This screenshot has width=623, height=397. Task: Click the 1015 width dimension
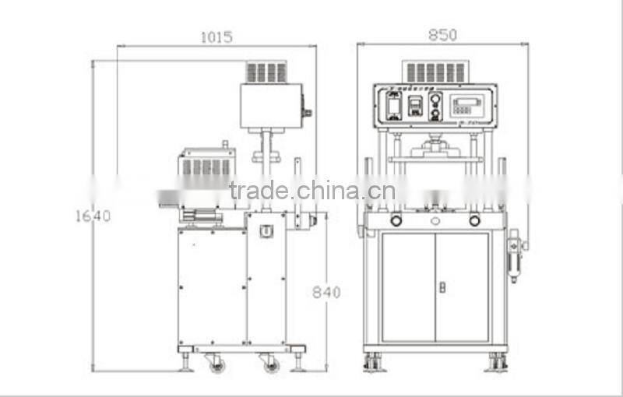click(216, 37)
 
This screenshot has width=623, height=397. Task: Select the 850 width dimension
click(442, 35)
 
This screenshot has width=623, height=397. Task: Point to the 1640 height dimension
click(93, 216)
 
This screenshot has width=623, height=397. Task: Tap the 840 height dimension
click(326, 292)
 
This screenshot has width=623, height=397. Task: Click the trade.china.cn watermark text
click(312, 191)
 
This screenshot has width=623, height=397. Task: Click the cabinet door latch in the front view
click(442, 287)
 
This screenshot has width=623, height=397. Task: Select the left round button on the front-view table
click(396, 221)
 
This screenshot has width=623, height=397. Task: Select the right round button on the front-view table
click(474, 221)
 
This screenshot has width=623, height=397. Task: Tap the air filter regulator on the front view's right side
click(514, 257)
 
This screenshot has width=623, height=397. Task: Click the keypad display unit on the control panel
click(469, 104)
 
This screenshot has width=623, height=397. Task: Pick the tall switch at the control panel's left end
click(394, 105)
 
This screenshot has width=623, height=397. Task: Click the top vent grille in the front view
click(435, 72)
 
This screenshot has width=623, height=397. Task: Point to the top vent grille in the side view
click(266, 72)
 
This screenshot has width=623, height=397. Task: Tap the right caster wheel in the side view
click(270, 364)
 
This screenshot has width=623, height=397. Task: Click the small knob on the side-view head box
click(307, 113)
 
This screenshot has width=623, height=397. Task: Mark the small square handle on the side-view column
click(266, 231)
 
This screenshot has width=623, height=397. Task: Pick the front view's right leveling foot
click(497, 362)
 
